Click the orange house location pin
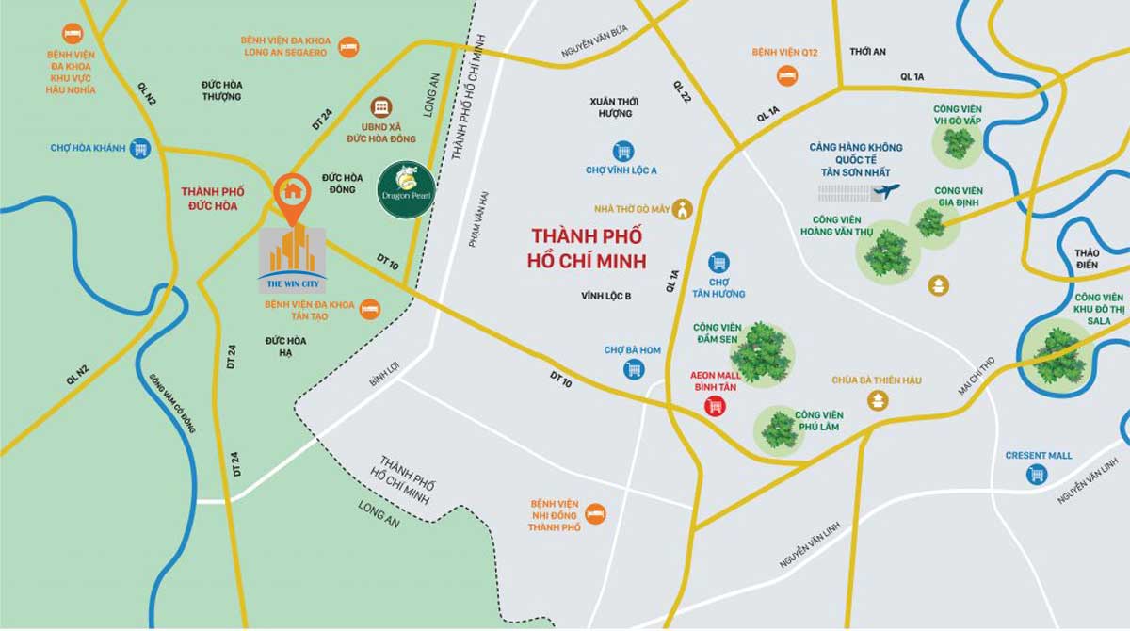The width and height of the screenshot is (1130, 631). tap(294, 192)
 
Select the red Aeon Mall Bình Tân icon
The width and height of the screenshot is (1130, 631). tap(715, 405)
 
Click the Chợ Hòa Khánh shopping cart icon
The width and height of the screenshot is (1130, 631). tap(140, 148)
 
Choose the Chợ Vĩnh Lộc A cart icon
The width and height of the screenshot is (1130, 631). tap(622, 152)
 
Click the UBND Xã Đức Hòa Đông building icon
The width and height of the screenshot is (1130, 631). tap(381, 105)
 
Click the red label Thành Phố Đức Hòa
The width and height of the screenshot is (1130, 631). tap(209, 198)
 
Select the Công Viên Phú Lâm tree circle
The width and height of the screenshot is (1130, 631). tap(779, 429)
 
